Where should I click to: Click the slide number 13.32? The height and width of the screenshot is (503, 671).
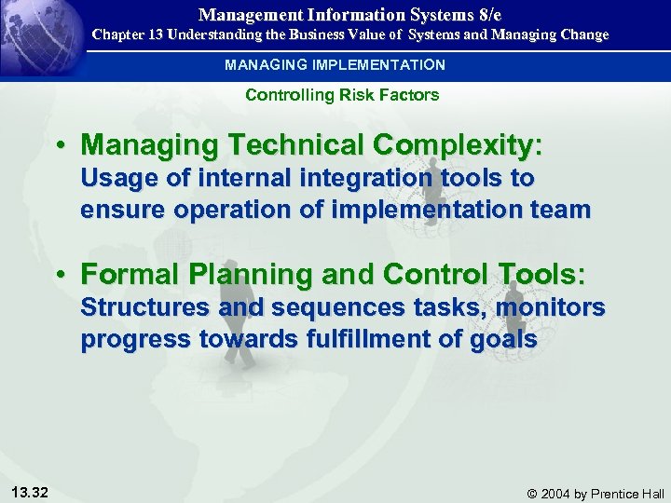click(33, 492)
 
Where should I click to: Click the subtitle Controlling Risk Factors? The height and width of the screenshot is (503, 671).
click(342, 95)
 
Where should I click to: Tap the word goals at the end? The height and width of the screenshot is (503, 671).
click(507, 339)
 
